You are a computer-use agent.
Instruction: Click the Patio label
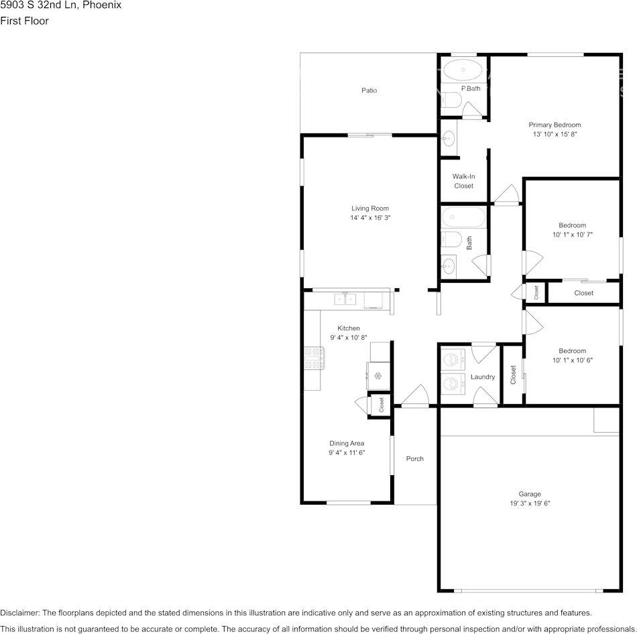369,90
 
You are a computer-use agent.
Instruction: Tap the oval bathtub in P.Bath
463,70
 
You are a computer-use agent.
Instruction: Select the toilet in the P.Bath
451,100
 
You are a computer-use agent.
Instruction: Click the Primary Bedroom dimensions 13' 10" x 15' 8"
555,134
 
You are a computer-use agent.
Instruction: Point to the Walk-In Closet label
463,181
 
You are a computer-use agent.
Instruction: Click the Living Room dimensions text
370,218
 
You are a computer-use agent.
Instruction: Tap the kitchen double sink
345,300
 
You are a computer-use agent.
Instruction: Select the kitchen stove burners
314,358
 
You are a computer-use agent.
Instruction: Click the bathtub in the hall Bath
463,217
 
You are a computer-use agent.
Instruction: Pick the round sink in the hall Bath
449,267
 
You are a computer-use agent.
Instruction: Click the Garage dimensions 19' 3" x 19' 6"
530,503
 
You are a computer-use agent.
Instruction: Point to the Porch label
415,458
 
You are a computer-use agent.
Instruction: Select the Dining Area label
347,443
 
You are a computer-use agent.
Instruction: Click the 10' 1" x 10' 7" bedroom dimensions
573,235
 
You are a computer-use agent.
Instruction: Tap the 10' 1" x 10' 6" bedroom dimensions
573,360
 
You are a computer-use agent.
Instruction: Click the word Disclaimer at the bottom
19,613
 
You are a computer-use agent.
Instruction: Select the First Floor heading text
24,21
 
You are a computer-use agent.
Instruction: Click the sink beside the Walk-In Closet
449,138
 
